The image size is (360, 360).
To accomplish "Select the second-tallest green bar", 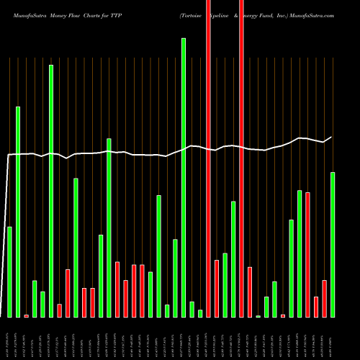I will [51, 191].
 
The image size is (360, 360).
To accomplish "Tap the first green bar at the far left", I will [9, 271].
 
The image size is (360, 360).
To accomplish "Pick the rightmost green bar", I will [333, 244].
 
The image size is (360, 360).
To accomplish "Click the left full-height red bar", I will [208, 158].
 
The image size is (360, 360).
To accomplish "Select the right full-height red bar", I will [241, 158].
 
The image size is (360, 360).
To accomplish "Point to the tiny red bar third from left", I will [26, 315].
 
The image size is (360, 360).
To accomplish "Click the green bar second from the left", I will [18, 212].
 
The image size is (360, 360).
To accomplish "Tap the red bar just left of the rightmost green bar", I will [324, 298].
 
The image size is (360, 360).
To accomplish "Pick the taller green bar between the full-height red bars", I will [233, 259].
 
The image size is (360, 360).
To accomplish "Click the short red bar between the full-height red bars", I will [217, 288].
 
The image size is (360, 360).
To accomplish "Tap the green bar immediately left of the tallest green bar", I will [175, 278].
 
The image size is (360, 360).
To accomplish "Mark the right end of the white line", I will [332, 137].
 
